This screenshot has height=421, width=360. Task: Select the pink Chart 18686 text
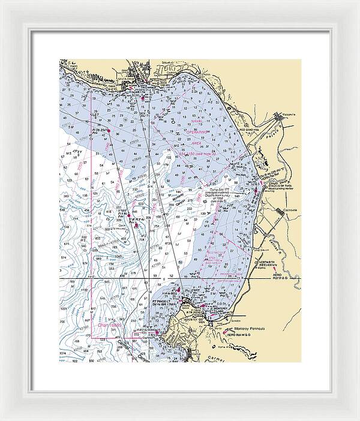(110, 324)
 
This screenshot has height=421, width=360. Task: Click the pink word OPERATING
(197, 131)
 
